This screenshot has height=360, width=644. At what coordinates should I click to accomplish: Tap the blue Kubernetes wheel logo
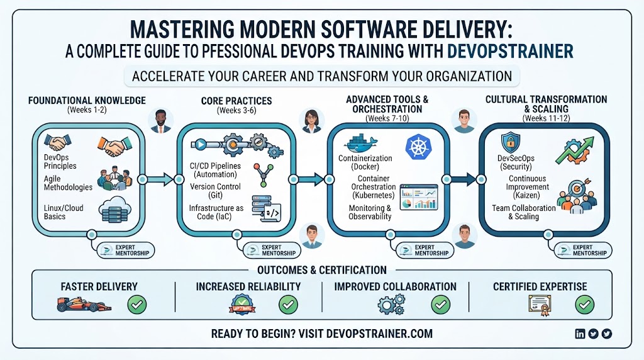click(x=418, y=147)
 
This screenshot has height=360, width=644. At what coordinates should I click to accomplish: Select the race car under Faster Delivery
click(x=84, y=305)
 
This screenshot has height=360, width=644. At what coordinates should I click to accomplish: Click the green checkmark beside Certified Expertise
click(x=584, y=305)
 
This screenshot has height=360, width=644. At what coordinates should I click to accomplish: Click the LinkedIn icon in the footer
click(x=579, y=334)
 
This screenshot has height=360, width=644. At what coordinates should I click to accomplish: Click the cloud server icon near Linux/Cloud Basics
click(x=114, y=210)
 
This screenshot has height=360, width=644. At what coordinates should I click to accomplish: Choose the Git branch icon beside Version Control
click(x=264, y=174)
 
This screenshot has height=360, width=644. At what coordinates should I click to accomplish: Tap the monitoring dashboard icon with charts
click(x=418, y=197)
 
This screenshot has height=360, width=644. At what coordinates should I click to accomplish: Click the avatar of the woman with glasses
click(x=312, y=121)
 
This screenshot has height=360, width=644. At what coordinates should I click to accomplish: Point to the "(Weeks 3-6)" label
click(x=236, y=110)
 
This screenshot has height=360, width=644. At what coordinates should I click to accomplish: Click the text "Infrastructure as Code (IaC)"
click(x=216, y=212)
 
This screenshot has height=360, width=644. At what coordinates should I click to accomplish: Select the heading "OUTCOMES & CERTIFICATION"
click(x=322, y=270)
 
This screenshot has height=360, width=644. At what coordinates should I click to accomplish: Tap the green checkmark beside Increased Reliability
click(x=288, y=305)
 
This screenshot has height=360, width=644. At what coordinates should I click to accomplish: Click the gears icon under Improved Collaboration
click(x=391, y=305)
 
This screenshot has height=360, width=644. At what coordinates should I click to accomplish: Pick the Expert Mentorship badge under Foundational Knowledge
click(x=126, y=250)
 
